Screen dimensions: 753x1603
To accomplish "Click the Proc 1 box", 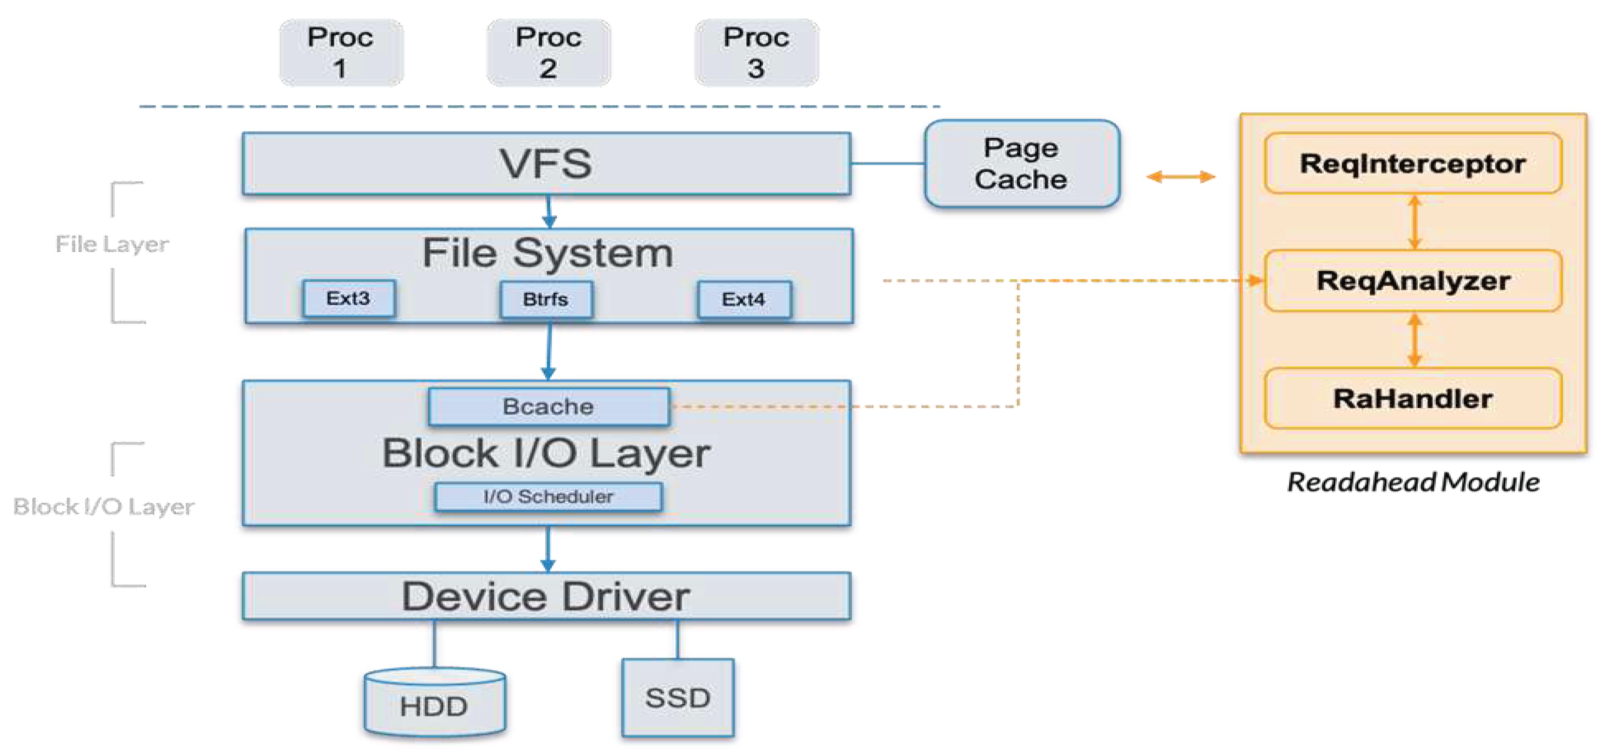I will click(x=341, y=52).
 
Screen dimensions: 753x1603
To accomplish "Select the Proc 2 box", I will click(x=548, y=52).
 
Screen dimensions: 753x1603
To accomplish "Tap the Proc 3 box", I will click(x=756, y=52).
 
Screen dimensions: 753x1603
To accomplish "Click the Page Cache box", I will click(x=1022, y=163).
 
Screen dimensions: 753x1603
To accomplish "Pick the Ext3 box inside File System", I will click(x=348, y=298).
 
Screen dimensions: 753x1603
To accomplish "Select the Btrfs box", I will click(x=546, y=300).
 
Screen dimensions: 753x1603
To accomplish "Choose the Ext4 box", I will click(x=744, y=300).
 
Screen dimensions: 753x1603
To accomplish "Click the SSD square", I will click(x=678, y=698).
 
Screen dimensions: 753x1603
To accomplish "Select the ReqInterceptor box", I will click(x=1413, y=163).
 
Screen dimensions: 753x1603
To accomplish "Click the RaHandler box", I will click(x=1413, y=399).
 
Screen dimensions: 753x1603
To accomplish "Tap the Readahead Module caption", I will click(x=1413, y=483).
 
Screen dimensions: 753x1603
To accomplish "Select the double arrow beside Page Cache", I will click(x=1180, y=177).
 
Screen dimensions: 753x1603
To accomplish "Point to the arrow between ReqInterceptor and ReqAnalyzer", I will click(x=1414, y=222).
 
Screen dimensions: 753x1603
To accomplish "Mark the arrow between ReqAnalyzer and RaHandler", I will click(x=1414, y=340).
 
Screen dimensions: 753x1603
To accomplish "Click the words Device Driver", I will click(x=546, y=596).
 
